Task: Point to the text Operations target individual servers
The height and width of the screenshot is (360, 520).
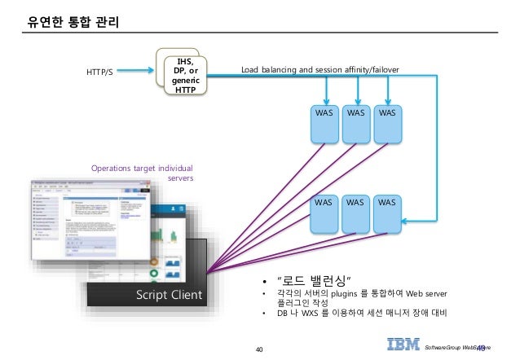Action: point(142,172)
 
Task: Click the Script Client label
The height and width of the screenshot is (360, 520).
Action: point(170,295)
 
